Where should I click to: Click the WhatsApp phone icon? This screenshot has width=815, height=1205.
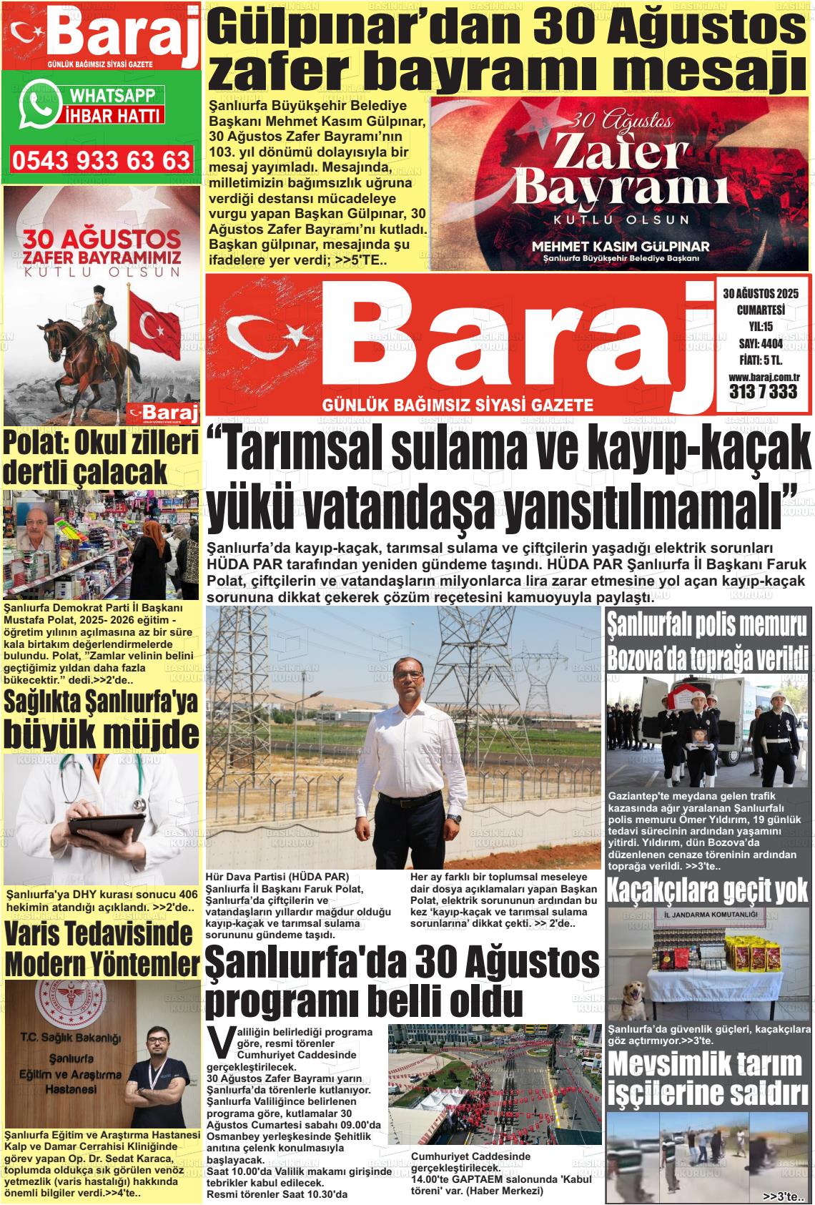click(39, 105)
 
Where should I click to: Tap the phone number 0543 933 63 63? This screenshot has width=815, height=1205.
click(102, 160)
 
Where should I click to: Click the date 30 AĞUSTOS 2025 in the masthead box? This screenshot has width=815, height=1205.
click(760, 293)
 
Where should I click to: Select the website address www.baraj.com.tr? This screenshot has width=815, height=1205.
click(763, 377)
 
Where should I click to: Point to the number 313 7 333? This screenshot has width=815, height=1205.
click(763, 392)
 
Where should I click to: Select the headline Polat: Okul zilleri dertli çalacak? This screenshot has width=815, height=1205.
click(101, 458)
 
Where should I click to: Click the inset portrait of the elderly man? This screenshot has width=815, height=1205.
click(38, 531)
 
